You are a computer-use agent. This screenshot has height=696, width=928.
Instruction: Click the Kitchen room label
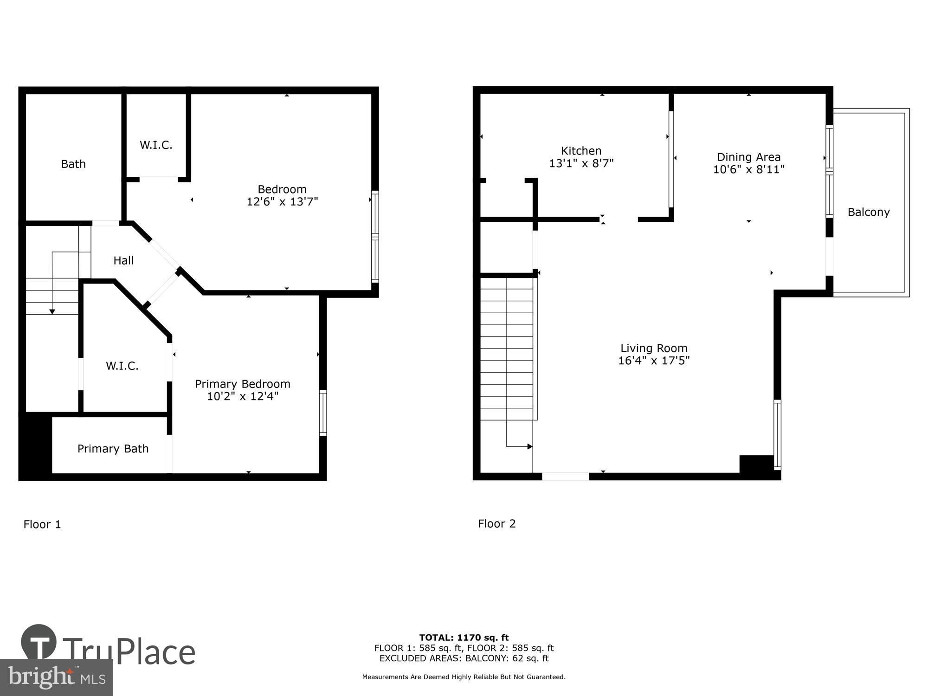pyautogui.click(x=581, y=151)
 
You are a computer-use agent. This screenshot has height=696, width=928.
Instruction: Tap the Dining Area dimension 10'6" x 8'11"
pyautogui.click(x=748, y=170)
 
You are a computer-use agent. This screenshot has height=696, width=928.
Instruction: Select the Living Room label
pyautogui.click(x=654, y=348)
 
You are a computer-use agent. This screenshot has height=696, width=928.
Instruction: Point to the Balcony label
pyautogui.click(x=868, y=213)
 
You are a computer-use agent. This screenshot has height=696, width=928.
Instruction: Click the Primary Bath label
pyautogui.click(x=113, y=449)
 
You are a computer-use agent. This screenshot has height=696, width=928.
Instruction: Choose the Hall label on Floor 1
pyautogui.click(x=123, y=261)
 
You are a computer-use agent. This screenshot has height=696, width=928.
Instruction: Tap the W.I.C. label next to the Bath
pyautogui.click(x=156, y=145)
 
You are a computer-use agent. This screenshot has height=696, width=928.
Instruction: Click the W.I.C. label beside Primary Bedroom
pyautogui.click(x=122, y=366)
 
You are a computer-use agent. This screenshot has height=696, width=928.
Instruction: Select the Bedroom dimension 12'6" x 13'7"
pyautogui.click(x=282, y=202)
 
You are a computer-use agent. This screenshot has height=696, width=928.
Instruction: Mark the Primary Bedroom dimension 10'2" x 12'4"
pyautogui.click(x=242, y=396)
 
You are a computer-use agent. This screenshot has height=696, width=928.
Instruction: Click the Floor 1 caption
pyautogui.click(x=42, y=524)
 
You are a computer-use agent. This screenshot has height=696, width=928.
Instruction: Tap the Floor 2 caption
pyautogui.click(x=496, y=523)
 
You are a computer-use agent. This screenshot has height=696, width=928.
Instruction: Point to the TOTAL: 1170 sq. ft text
pyautogui.click(x=464, y=638)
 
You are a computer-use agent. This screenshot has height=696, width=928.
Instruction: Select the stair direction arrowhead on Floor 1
pyautogui.click(x=52, y=311)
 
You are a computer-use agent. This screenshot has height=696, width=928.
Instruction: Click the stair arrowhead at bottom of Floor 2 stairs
pyautogui.click(x=529, y=446)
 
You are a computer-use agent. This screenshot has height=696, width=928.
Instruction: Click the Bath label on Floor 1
pyautogui.click(x=73, y=164)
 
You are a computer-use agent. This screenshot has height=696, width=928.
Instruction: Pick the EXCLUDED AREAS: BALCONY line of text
pyautogui.click(x=464, y=658)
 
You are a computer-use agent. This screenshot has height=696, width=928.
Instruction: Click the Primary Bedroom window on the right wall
pyautogui.click(x=323, y=413)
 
